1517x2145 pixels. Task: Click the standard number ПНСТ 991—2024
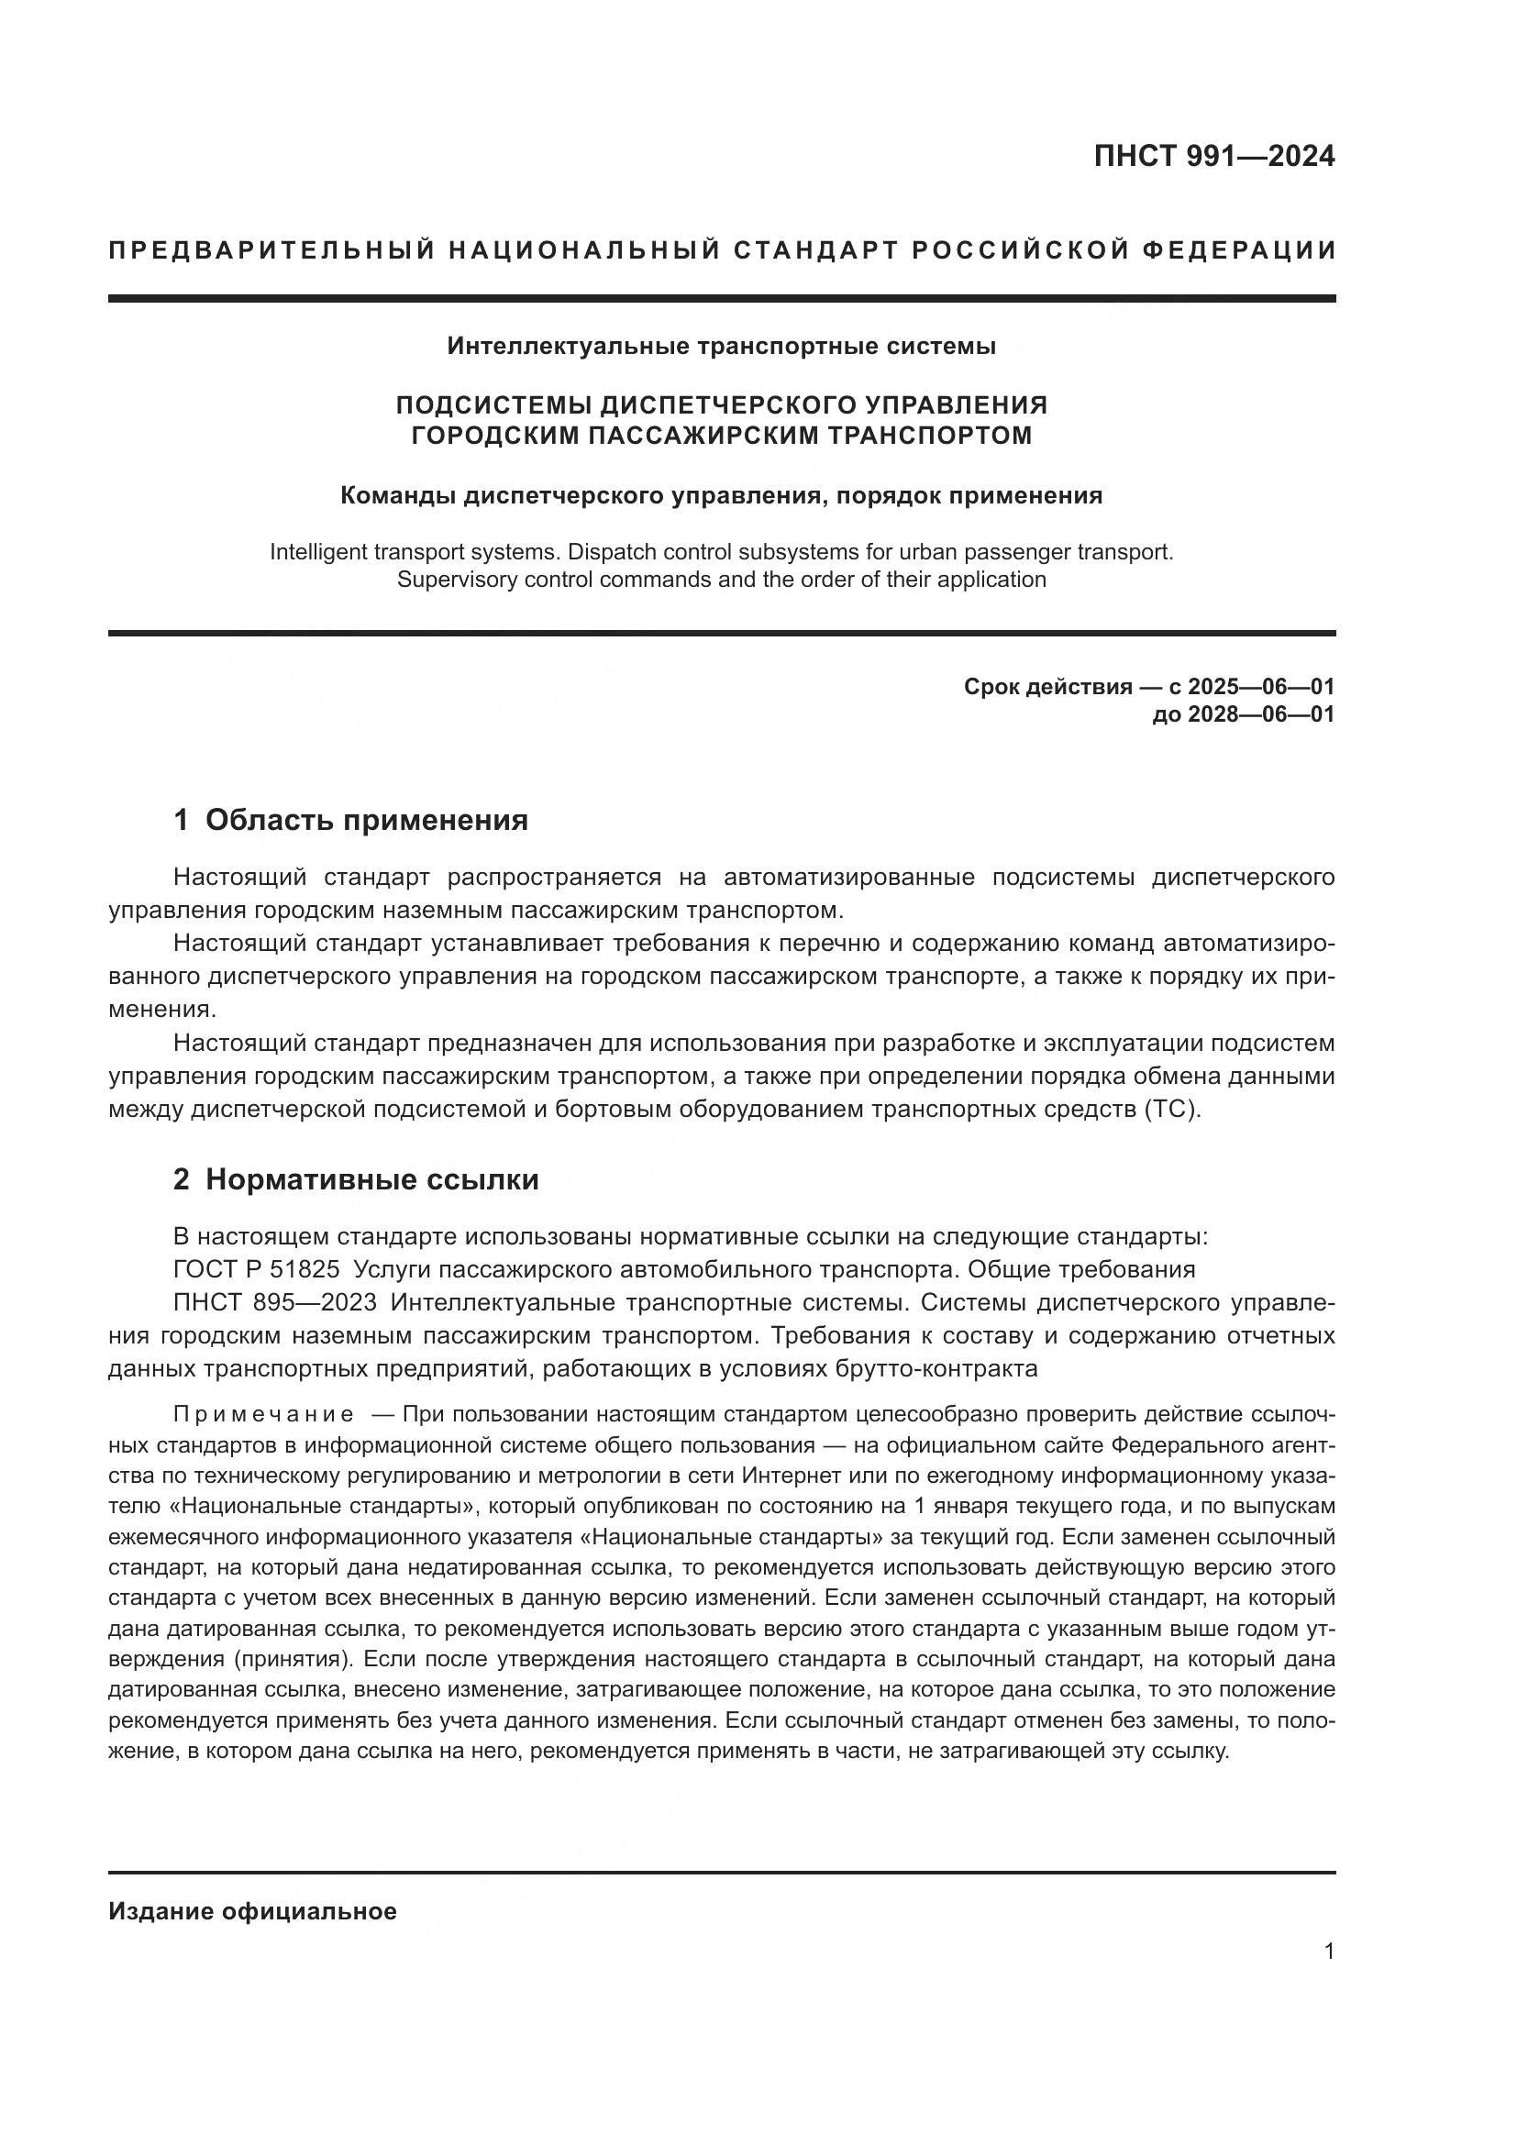pos(1213,156)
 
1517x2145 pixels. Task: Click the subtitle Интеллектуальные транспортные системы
pos(721,347)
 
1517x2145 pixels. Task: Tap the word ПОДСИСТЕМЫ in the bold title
pos(493,405)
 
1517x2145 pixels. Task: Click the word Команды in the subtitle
pos(397,495)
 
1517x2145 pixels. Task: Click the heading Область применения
pos(366,820)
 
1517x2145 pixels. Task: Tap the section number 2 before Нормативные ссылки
pos(182,1180)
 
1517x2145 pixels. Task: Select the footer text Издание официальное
pos(252,1911)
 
